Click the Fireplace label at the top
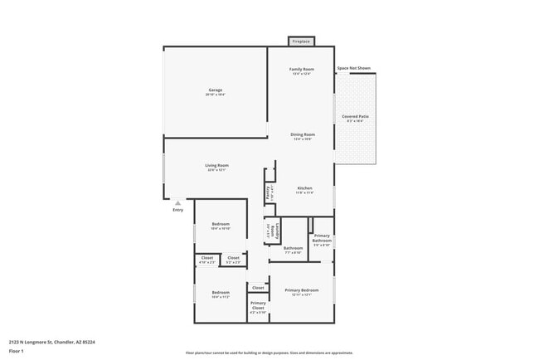[x=301, y=41]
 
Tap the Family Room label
[x=301, y=69]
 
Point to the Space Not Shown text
[x=353, y=68]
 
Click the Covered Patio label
[x=355, y=117]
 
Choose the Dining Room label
[x=302, y=134]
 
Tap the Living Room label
[x=217, y=165]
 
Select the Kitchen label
[x=304, y=188]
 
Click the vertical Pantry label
[x=268, y=192]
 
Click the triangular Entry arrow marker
[x=177, y=202]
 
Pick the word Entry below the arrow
[x=177, y=210]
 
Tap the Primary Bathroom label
[x=322, y=238]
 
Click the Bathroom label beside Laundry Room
[x=293, y=248]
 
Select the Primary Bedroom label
[x=301, y=290]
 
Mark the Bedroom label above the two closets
[x=220, y=224]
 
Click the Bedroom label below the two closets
[x=220, y=292]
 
